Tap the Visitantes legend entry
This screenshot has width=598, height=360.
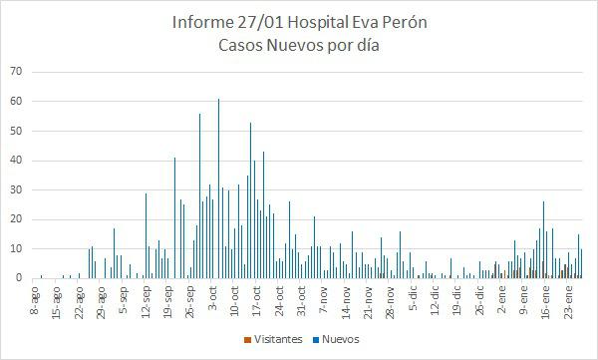coord(276,339)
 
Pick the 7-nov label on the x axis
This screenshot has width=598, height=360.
coord(321,298)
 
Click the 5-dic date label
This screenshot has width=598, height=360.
coord(410,298)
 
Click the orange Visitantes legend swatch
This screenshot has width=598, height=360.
coord(247,340)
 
